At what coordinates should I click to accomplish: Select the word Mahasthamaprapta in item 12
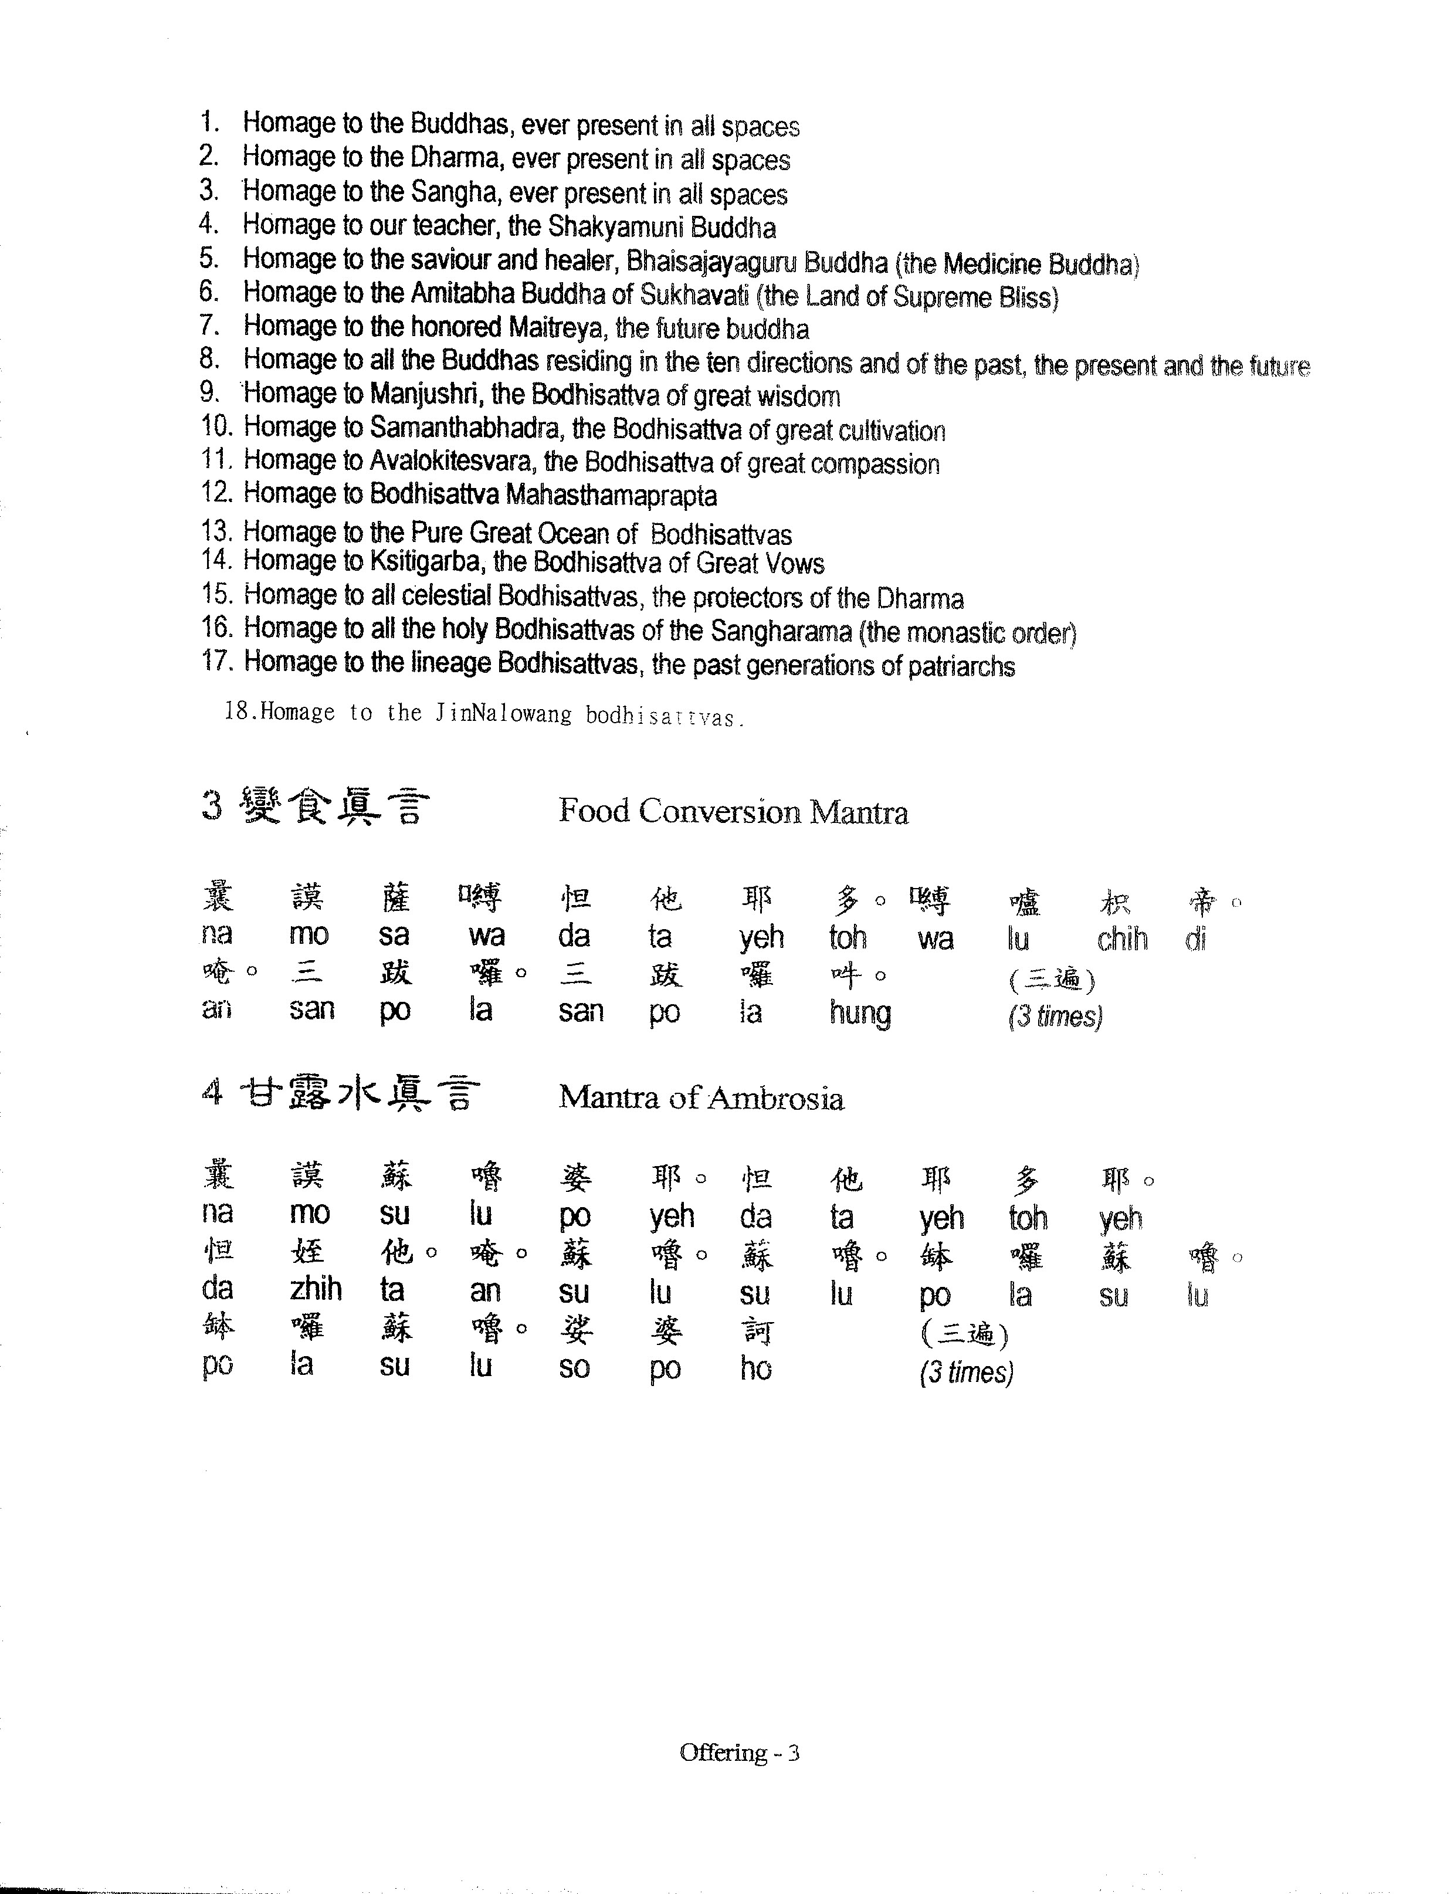611,496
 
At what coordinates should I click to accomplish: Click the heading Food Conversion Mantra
733,812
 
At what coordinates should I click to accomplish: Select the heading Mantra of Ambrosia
701,1097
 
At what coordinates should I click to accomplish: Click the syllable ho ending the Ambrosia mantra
755,1368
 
